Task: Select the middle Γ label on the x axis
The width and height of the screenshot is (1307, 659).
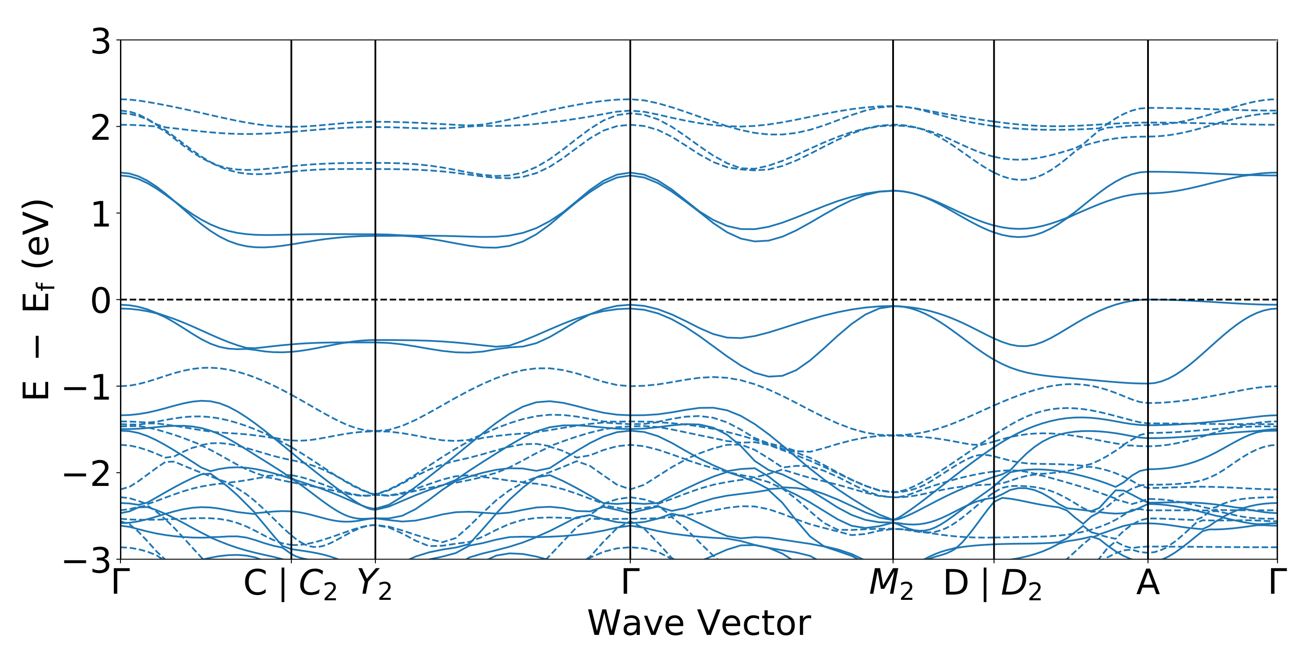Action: tap(630, 582)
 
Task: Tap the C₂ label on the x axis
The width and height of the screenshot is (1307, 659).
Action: tap(318, 585)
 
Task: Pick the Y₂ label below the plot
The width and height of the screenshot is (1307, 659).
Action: tap(375, 585)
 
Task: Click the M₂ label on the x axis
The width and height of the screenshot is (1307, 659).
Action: tap(891, 585)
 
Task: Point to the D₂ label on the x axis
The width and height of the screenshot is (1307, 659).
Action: tap(1021, 585)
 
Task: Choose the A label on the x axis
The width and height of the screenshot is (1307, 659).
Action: tap(1148, 583)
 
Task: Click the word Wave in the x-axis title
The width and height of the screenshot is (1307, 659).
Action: tap(637, 623)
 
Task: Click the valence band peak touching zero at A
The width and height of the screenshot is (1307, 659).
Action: tap(1148, 300)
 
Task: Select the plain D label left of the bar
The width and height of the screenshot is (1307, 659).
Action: tap(956, 583)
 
